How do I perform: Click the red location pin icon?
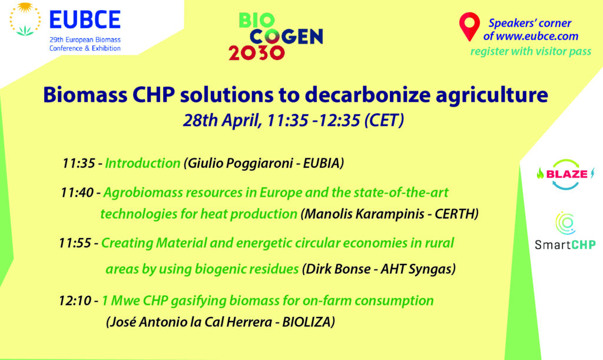[x=469, y=26]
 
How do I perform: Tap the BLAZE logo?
[x=565, y=174]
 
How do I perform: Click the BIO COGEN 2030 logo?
[x=276, y=37]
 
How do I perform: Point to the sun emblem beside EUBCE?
[x=25, y=19]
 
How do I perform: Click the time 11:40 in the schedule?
[x=77, y=192]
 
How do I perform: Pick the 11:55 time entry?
[x=75, y=243]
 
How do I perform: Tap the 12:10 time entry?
[x=75, y=300]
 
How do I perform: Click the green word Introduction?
[x=143, y=163]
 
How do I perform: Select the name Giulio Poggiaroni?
[x=240, y=163]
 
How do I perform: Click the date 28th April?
[x=222, y=120]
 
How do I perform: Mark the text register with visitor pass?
[x=531, y=51]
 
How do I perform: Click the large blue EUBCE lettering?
[x=85, y=19]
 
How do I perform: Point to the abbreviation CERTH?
[x=455, y=214]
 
